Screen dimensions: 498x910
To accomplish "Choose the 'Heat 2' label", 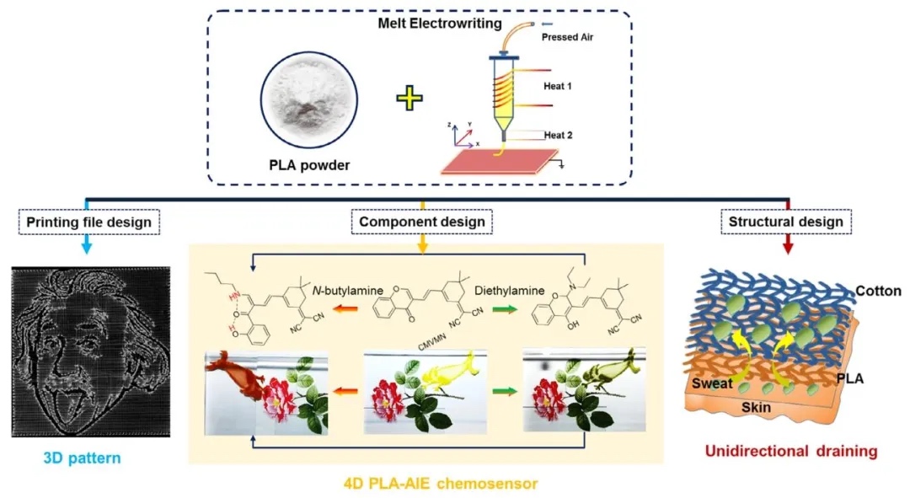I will [560, 135].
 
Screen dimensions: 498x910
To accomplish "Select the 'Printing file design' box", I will [89, 222].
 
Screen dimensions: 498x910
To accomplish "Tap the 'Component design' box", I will [422, 222].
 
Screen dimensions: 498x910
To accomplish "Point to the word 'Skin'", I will [756, 405].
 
